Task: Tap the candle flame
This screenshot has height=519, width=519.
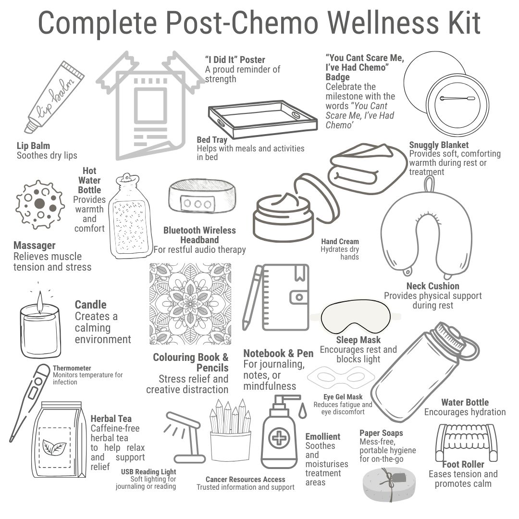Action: click(x=40, y=301)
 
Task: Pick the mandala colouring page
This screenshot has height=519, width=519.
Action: click(x=190, y=304)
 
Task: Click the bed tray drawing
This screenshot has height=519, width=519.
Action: click(x=262, y=121)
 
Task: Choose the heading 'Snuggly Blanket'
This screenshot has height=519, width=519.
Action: click(x=439, y=145)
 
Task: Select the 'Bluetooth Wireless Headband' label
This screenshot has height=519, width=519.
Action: click(x=199, y=235)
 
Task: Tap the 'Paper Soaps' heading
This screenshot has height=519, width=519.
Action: click(x=381, y=433)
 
